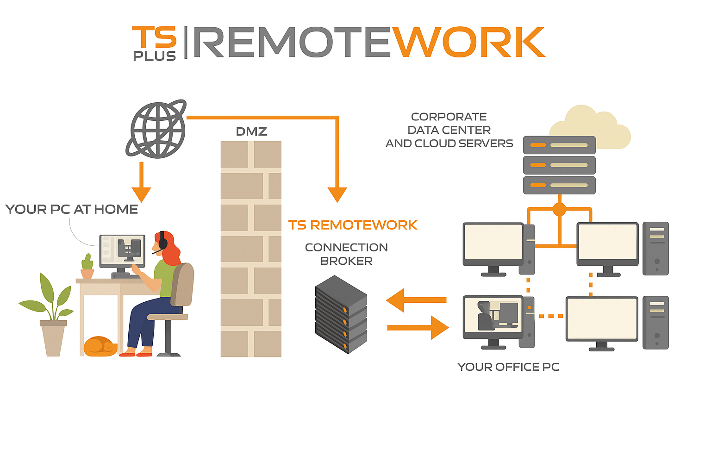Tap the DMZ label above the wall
click(x=251, y=131)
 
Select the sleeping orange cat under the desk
click(x=100, y=346)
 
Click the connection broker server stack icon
click(x=341, y=314)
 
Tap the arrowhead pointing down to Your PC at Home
click(x=141, y=194)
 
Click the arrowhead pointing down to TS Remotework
click(x=337, y=194)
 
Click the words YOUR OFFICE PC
click(x=508, y=367)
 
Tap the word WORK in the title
click(x=468, y=43)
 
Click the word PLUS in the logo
click(x=155, y=56)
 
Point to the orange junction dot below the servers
click(x=559, y=210)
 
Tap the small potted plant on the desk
click(x=87, y=267)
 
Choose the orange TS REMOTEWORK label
click(x=353, y=225)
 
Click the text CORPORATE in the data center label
click(x=449, y=117)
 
